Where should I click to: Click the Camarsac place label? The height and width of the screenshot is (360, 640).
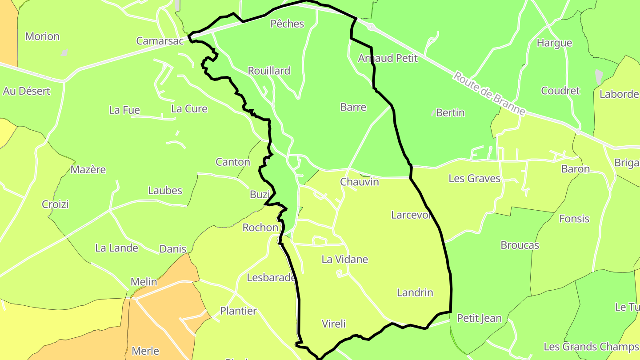click(160, 41)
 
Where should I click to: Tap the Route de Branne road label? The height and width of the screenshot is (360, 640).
click(488, 94)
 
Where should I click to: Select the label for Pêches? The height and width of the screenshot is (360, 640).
click(287, 24)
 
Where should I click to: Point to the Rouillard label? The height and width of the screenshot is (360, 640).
click(269, 71)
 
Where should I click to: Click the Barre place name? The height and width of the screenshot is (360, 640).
click(353, 107)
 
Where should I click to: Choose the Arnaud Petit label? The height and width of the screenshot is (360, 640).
click(388, 58)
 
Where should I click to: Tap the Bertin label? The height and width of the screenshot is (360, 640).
click(450, 113)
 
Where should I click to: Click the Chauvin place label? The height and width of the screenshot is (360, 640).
click(359, 182)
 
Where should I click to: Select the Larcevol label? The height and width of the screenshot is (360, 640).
click(412, 215)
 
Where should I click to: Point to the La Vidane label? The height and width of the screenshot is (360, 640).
click(344, 259)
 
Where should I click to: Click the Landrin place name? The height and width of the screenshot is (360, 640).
click(415, 292)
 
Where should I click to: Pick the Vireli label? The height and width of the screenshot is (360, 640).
click(333, 324)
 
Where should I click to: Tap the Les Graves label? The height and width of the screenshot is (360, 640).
click(474, 179)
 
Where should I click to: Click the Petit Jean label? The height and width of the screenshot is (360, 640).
click(479, 318)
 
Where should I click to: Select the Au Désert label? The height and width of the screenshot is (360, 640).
click(27, 91)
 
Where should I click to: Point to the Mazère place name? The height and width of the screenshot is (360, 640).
click(88, 169)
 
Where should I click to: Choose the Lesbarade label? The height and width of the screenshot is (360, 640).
click(271, 278)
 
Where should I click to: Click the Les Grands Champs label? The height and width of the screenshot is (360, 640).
click(591, 346)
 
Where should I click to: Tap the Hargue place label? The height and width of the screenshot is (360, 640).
click(554, 43)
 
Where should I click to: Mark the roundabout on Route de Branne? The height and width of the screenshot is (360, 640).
click(371, 27)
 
